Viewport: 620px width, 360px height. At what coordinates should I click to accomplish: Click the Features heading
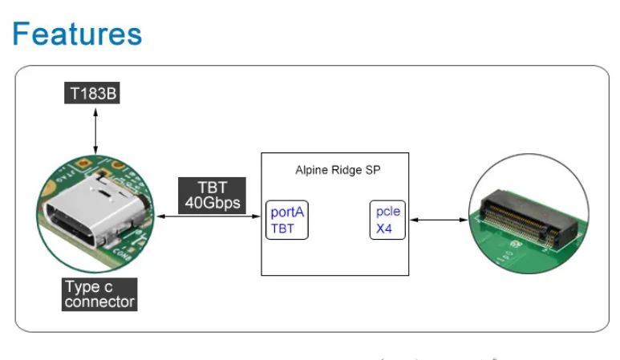pos(78,34)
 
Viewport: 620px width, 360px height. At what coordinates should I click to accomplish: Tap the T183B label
pos(92,93)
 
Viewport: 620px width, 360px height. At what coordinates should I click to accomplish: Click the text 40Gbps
pos(212,204)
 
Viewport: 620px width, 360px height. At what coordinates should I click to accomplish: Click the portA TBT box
pos(287,220)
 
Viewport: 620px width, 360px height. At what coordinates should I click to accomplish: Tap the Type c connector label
pos(99,294)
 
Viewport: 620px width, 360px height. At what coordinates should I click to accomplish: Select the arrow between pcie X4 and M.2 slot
pos(438,220)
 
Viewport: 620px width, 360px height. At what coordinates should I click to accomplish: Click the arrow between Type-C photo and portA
pos(209,216)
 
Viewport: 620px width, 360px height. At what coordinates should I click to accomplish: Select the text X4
pos(385,229)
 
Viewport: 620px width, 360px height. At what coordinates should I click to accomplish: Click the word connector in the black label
pos(99,302)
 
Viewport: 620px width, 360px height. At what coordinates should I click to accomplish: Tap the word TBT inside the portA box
pos(282,229)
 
